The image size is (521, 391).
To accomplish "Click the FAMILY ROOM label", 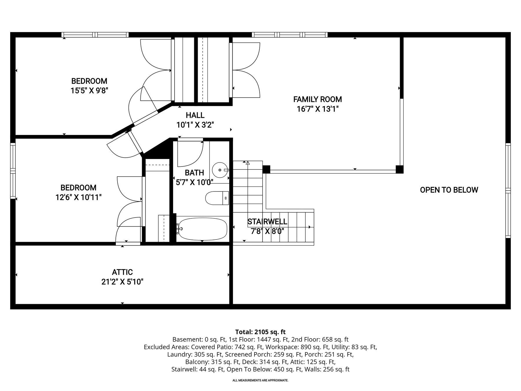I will click(318, 99).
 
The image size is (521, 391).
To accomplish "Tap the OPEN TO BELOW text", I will click(449, 190).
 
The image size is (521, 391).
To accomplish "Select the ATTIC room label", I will click(122, 272).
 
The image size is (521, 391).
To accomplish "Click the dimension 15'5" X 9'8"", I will click(89, 91).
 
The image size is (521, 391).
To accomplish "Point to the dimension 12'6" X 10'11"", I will click(78, 198).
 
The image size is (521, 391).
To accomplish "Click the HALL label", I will click(195, 115).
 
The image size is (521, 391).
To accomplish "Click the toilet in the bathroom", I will click(217, 198).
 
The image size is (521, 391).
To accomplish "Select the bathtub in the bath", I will click(203, 229).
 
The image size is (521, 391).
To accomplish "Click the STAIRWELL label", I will click(267, 222).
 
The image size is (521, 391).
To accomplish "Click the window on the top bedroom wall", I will click(96, 35).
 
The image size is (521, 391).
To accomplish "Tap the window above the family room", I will click(289, 35).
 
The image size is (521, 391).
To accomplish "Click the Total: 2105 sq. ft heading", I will click(260, 332).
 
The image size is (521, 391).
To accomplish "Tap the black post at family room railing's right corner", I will click(399, 169).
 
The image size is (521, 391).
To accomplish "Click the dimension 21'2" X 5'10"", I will click(122, 282).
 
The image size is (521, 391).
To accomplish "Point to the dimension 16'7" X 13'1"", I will click(318, 109).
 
